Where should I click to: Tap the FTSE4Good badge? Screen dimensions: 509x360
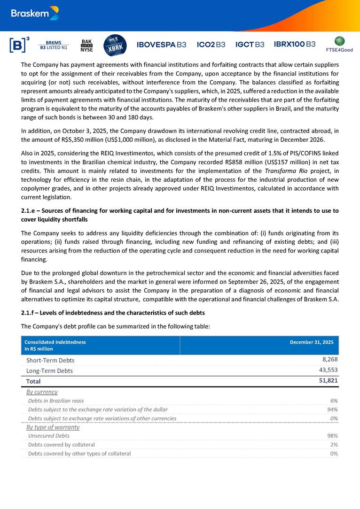[x=339, y=44]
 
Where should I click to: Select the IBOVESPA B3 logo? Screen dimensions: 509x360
[x=161, y=45]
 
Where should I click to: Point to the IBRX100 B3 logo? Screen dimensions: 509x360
[x=295, y=44]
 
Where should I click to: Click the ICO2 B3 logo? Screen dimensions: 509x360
[x=211, y=45]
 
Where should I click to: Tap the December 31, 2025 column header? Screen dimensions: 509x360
[x=312, y=342]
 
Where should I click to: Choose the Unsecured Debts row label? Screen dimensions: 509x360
[x=48, y=436]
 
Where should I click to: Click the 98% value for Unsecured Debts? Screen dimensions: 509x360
[x=332, y=436]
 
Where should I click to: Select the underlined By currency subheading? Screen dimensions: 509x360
[x=42, y=392]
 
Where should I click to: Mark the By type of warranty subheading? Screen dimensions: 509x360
[x=53, y=427]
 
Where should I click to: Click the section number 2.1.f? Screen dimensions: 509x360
[x=29, y=313]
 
